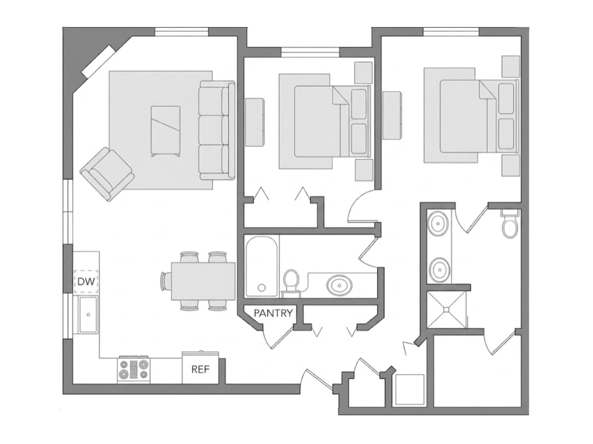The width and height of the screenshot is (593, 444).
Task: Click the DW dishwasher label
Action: (x=86, y=281)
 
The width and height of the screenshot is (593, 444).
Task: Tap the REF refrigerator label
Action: (x=200, y=370)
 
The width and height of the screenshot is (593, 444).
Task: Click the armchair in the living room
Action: (x=107, y=174)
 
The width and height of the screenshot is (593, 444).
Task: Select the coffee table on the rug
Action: (x=165, y=131)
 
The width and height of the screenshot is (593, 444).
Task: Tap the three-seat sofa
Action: (x=217, y=130)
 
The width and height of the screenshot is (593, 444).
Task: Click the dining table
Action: (x=203, y=281)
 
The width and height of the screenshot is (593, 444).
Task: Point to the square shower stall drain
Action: (x=446, y=310)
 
